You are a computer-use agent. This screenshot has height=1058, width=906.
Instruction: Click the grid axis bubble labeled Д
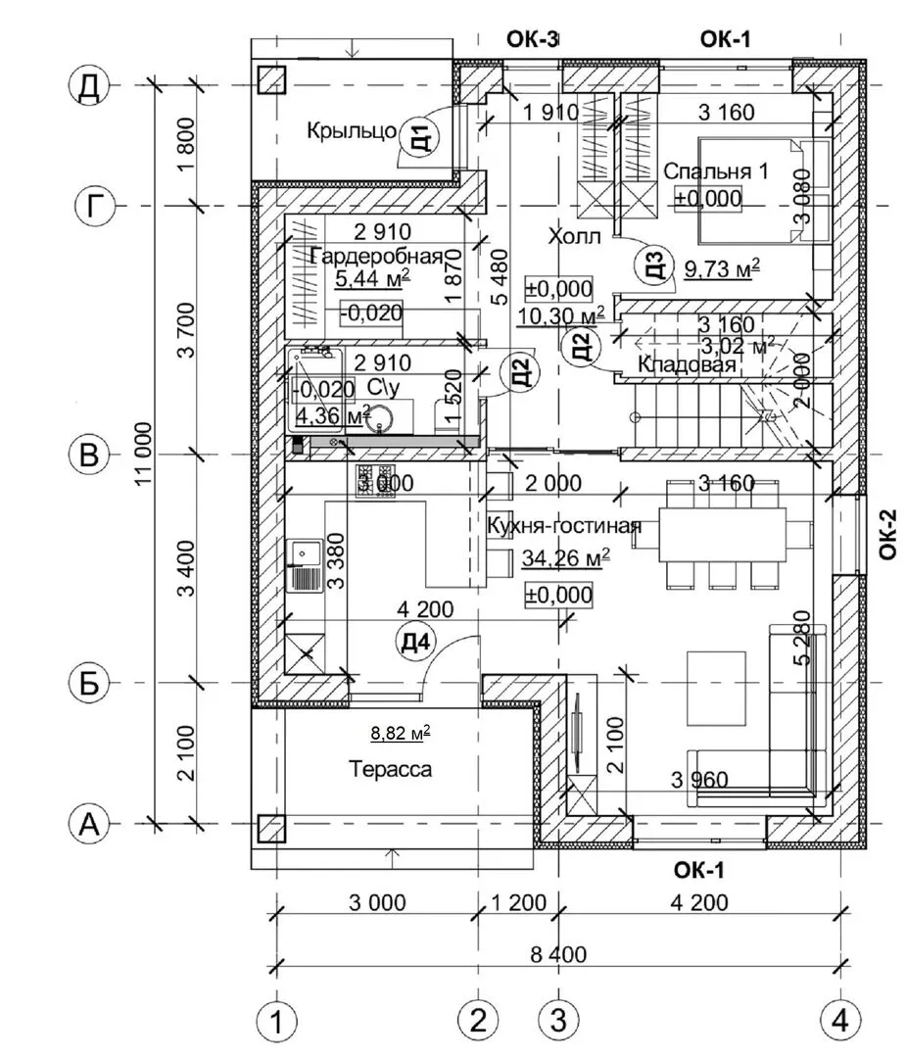pyautogui.click(x=89, y=86)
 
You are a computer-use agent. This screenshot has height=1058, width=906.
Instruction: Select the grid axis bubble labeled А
pyautogui.click(x=89, y=825)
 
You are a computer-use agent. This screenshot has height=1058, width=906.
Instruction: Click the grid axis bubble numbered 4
pyautogui.click(x=839, y=1023)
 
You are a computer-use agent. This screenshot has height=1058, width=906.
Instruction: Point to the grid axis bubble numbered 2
pyautogui.click(x=478, y=1023)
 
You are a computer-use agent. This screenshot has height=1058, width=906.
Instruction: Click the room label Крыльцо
pyautogui.click(x=351, y=130)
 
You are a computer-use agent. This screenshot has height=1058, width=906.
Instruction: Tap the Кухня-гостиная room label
pyautogui.click(x=563, y=526)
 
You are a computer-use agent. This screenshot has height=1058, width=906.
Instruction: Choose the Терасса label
pyautogui.click(x=391, y=770)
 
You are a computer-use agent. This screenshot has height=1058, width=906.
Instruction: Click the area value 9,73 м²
pyautogui.click(x=722, y=269)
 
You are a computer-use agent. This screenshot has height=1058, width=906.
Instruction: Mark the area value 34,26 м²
pyautogui.click(x=565, y=558)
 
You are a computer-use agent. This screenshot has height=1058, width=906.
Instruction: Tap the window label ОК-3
pyautogui.click(x=533, y=39)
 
